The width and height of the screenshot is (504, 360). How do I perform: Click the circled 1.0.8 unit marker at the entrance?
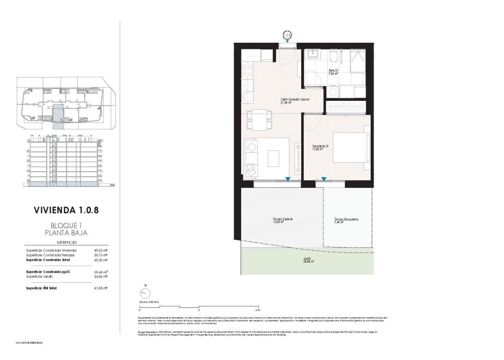point(287,35)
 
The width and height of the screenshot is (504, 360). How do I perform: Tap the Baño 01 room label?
point(333,72)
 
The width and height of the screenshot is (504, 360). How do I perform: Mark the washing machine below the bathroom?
point(333,91)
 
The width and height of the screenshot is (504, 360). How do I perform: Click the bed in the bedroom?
point(351,147)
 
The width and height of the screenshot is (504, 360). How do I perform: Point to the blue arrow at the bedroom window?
point(323,180)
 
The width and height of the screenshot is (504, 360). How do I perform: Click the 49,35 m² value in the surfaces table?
point(100,250)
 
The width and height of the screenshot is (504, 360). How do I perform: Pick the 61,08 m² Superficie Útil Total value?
point(100,288)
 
